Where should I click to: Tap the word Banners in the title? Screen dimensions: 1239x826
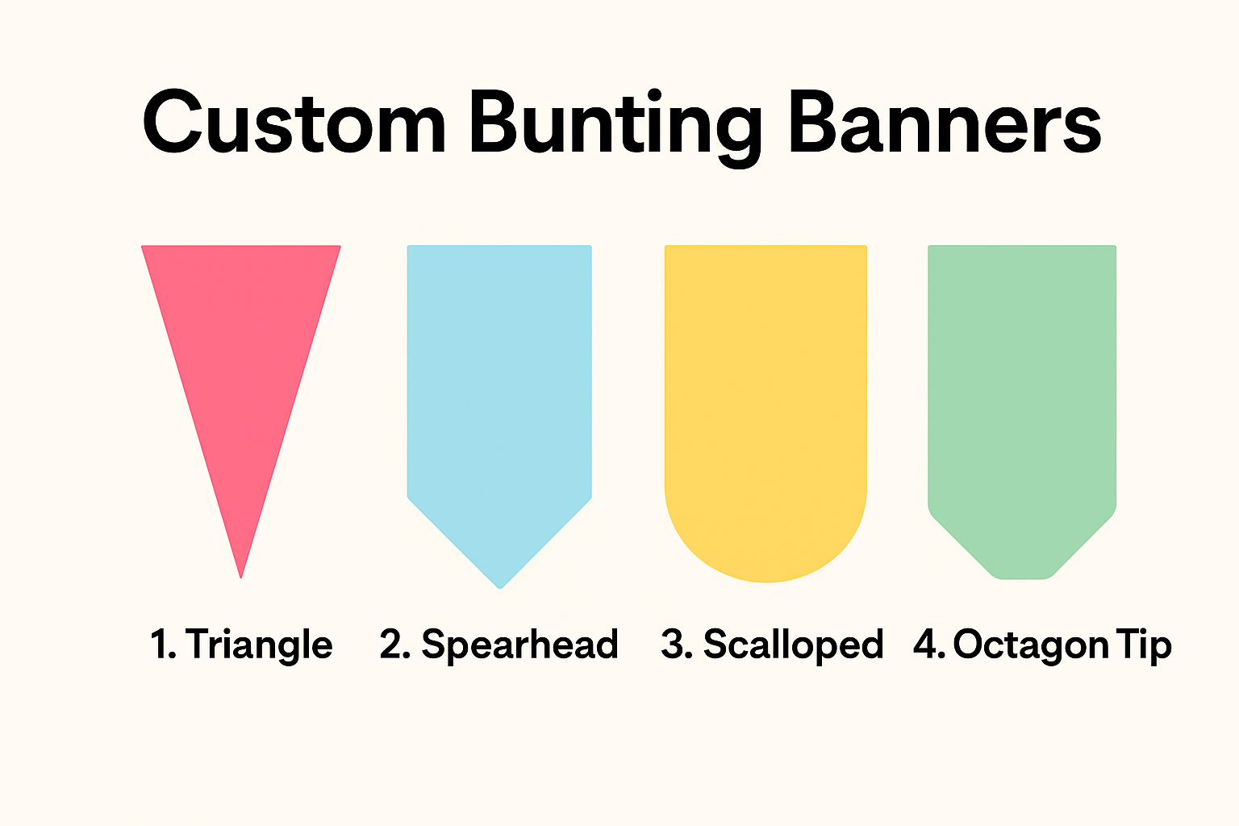945,122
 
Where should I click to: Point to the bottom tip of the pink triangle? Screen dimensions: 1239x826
240,578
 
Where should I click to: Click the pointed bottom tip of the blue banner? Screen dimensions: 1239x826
500,587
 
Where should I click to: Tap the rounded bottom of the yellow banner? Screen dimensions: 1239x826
766,581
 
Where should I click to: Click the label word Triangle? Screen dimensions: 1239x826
259,645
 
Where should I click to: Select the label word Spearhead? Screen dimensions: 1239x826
519,645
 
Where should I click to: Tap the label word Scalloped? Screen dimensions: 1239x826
793,645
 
